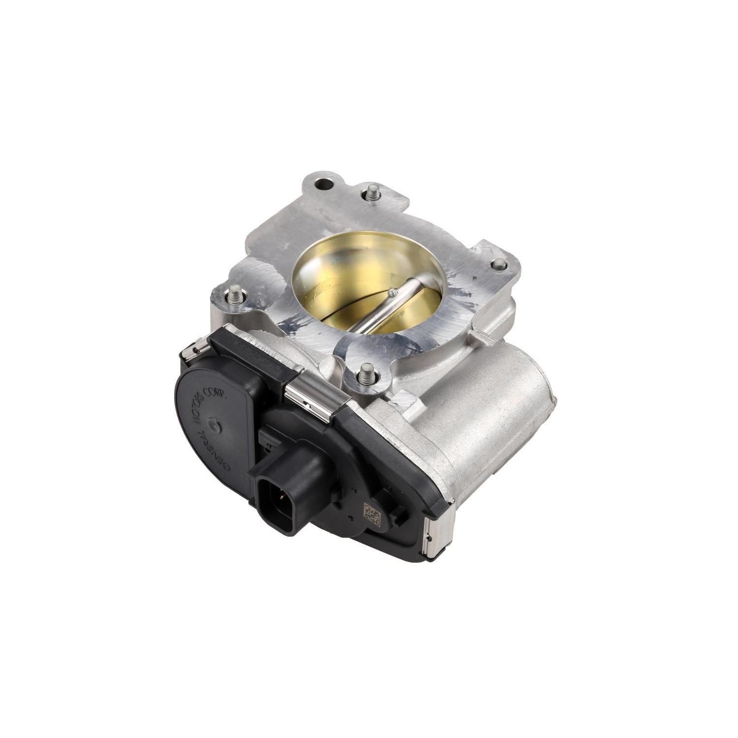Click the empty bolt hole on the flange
pyautogui.click(x=323, y=185)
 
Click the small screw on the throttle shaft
pyautogui.click(x=391, y=294)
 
